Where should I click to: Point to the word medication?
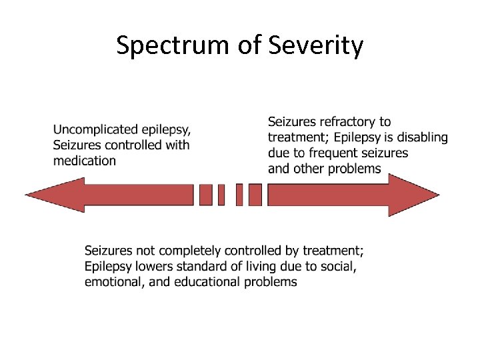[85, 161]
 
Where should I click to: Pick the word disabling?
[421, 137]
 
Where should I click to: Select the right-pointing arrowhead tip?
[438, 195]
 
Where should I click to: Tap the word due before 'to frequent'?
[279, 153]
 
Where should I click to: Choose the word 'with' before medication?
[176, 145]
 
